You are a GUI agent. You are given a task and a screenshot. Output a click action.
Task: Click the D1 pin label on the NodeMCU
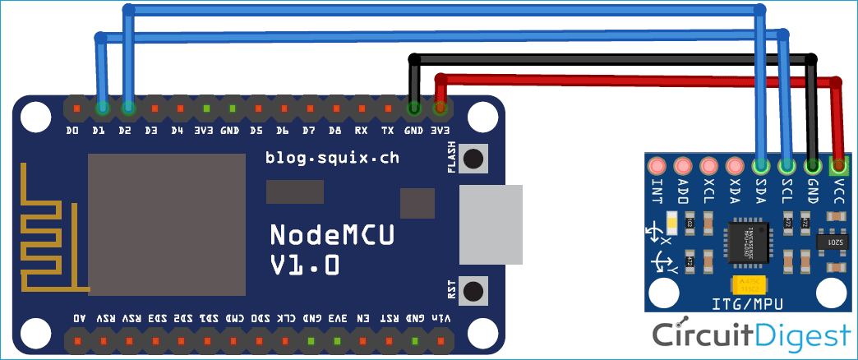point(99,130)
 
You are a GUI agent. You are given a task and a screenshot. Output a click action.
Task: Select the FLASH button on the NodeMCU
point(473,159)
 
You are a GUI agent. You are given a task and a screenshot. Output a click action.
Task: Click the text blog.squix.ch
point(332,158)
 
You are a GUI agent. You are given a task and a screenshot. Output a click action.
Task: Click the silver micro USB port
point(491,224)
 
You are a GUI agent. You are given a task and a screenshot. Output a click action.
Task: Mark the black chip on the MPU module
point(748,241)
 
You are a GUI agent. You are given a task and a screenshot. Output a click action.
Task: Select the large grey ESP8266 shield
point(167,224)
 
